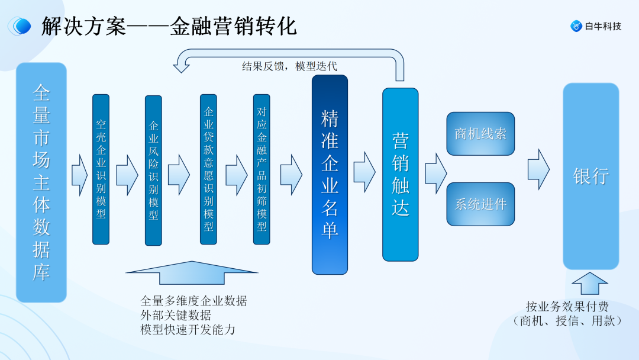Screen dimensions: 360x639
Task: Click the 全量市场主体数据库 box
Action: coord(41,182)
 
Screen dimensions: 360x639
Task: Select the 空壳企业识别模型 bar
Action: coord(101,169)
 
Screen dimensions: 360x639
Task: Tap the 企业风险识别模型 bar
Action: coord(153,171)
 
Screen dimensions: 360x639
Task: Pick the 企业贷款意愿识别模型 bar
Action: coord(208,169)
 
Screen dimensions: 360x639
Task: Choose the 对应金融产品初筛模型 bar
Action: coord(262,169)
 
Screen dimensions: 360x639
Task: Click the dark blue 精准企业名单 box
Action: coord(330,175)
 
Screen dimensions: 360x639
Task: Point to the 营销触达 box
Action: coord(400,174)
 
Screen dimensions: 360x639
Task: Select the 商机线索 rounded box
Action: coord(480,134)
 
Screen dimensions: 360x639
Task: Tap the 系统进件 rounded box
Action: coord(480,204)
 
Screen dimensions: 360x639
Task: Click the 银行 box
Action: coord(590,176)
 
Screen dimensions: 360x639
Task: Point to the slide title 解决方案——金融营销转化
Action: coord(169,26)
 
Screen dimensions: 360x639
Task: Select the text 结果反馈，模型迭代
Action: coord(289,66)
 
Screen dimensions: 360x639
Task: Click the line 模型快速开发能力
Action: coord(188,330)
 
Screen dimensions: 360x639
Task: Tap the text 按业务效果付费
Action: coord(567,307)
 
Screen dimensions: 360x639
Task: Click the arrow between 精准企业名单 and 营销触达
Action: coord(364,172)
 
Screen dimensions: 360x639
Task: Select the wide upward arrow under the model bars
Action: coord(192,272)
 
